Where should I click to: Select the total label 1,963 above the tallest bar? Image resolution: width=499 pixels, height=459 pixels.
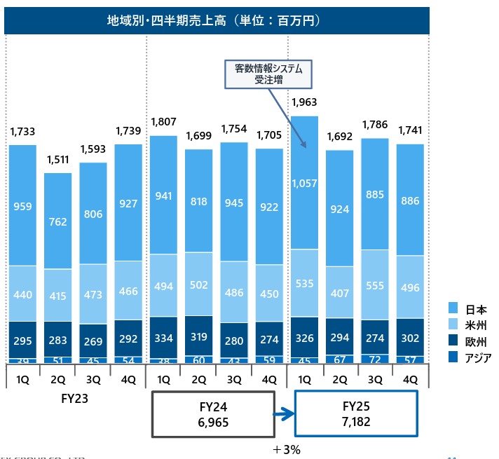coord(305,103)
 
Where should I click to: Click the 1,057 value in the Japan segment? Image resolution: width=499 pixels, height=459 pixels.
coord(305,184)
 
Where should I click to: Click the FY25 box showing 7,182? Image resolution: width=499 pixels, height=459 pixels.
coord(356,414)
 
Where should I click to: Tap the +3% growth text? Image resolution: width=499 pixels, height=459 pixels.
coord(287,449)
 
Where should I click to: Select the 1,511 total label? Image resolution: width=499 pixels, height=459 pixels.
coord(57,160)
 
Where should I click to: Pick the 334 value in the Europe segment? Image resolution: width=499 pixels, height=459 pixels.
coord(163,339)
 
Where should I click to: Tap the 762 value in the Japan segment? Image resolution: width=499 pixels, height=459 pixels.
coord(57,222)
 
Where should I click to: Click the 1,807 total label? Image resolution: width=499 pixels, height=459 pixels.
coord(163,123)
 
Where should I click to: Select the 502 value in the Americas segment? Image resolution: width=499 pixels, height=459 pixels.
coord(198,284)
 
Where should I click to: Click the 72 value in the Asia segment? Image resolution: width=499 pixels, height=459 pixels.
coord(375,359)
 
